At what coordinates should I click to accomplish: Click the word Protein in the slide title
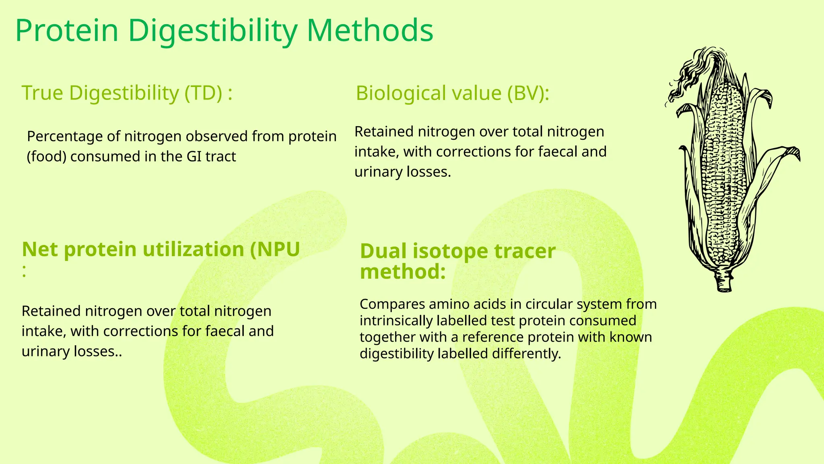coord(67,31)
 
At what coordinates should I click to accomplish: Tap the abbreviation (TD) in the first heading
coord(203,93)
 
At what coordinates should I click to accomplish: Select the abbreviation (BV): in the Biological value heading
coord(527,93)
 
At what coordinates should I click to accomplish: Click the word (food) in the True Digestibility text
coord(46,156)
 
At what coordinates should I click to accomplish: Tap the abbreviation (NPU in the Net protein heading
coord(275,249)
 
